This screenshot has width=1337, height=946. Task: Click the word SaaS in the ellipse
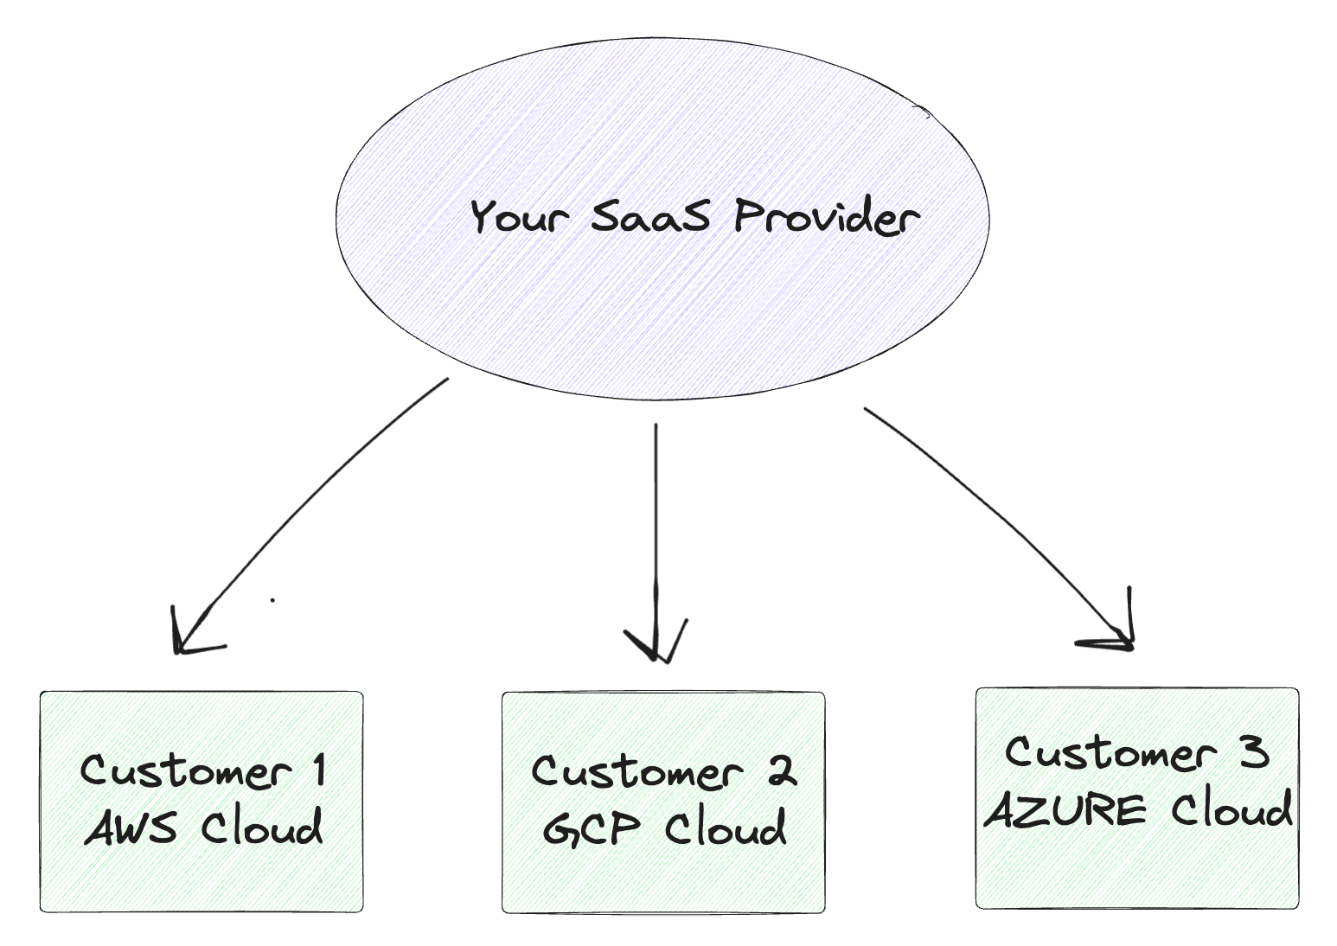click(x=650, y=215)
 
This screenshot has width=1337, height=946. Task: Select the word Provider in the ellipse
click(x=826, y=215)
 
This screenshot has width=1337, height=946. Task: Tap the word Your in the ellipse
click(x=519, y=215)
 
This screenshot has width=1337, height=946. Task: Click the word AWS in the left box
click(x=131, y=828)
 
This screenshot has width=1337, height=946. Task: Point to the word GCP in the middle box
click(x=592, y=828)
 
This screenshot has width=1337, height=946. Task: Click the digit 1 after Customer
click(x=319, y=770)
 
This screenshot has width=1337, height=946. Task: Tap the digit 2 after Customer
click(x=782, y=770)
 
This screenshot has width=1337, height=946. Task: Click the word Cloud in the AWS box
click(x=262, y=828)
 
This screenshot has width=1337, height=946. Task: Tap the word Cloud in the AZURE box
click(x=1231, y=810)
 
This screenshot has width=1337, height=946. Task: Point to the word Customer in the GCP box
click(x=637, y=770)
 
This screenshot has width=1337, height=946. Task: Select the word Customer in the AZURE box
click(x=1110, y=753)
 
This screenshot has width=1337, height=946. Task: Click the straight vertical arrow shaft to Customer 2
click(x=656, y=519)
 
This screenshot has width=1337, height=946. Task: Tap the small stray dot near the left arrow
click(x=272, y=599)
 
